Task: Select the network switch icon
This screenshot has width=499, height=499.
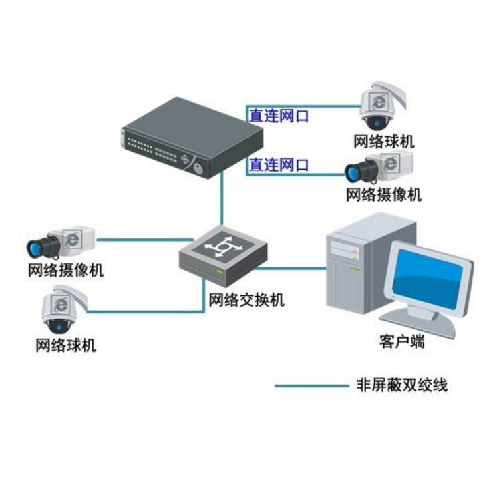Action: [224, 256]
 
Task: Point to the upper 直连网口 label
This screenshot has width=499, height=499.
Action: [279, 116]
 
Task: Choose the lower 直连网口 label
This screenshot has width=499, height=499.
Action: [279, 164]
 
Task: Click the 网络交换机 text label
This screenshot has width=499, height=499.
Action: [247, 300]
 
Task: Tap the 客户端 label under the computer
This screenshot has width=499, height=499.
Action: [403, 343]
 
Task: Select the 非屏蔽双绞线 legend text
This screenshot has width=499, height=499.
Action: [403, 385]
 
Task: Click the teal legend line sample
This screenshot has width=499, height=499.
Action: [311, 385]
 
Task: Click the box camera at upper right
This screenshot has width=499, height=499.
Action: [379, 166]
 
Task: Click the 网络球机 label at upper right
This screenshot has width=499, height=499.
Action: [384, 142]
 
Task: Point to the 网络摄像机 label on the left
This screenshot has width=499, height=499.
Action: [66, 271]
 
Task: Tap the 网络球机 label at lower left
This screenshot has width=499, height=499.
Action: [66, 345]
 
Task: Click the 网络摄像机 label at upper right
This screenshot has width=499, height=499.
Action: [384, 194]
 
